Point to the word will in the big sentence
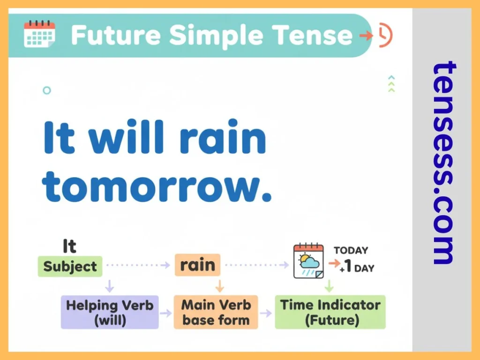(x=124, y=137)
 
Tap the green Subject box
(x=70, y=266)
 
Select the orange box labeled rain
(x=197, y=265)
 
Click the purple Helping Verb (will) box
(x=110, y=312)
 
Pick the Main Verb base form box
(x=216, y=312)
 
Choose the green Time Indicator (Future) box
(x=330, y=312)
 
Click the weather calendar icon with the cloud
(x=308, y=262)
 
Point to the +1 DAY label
(x=357, y=268)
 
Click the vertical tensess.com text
(x=443, y=162)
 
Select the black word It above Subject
(x=69, y=246)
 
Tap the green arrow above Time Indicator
(x=329, y=286)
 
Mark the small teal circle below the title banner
(x=46, y=90)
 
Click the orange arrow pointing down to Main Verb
(x=219, y=286)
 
